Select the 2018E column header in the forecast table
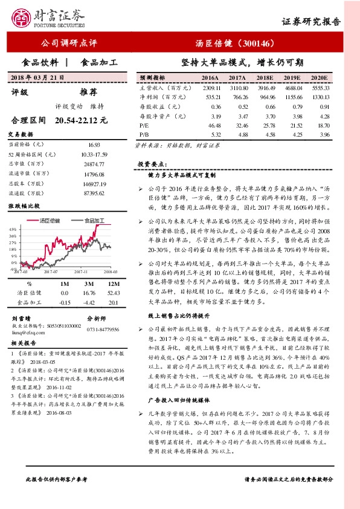point(264,79)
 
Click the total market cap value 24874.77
point(94,164)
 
